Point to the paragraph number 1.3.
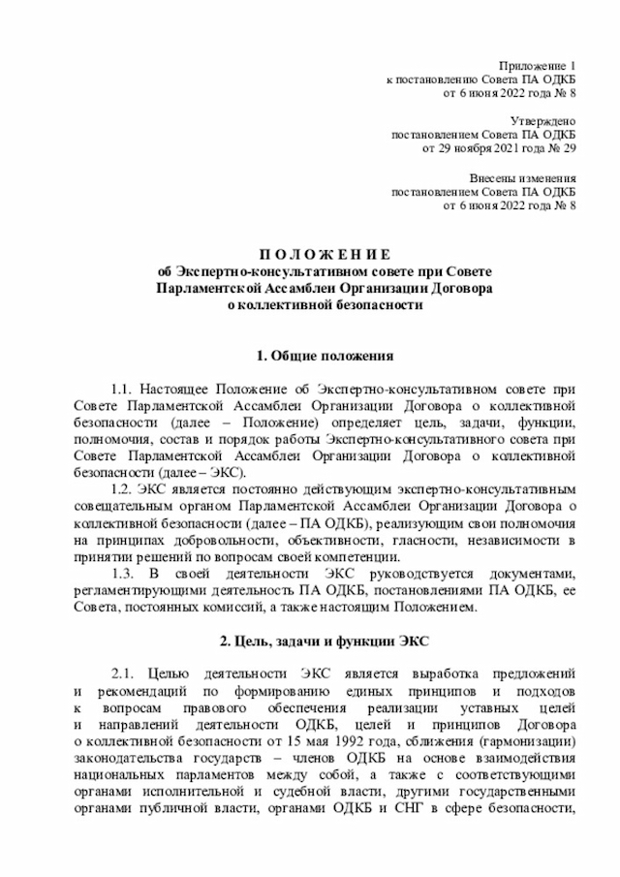pyautogui.click(x=128, y=572)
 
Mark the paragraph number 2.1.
pyautogui.click(x=128, y=673)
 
